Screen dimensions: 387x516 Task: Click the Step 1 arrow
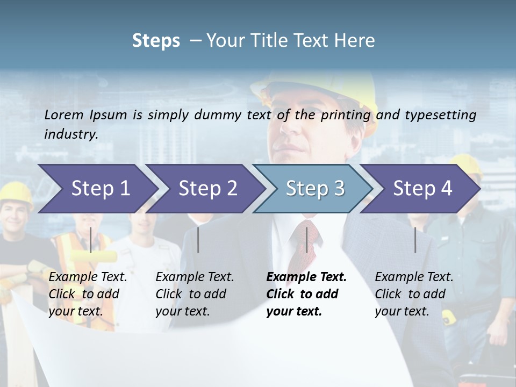point(97,188)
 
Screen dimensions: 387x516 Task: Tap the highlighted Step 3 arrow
point(314,188)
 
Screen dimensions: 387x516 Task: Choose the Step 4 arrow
point(422,188)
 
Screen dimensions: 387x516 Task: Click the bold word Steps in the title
point(156,41)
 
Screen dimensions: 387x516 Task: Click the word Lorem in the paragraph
point(63,114)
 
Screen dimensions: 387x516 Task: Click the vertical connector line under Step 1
point(91,240)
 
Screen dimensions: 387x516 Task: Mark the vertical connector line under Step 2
point(198,240)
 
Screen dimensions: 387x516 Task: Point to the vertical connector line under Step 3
point(307,240)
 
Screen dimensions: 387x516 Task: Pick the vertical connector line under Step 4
point(415,240)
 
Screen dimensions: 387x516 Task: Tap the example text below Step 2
point(195,294)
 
